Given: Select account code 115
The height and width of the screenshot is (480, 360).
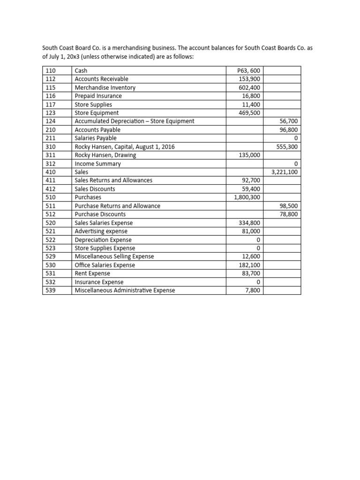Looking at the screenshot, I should tap(50, 88).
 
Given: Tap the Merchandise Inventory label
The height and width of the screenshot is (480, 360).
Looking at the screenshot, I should tap(105, 88).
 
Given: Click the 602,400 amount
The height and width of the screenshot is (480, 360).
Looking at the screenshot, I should tap(250, 88).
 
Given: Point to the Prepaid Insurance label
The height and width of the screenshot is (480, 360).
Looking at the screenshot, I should tap(98, 96).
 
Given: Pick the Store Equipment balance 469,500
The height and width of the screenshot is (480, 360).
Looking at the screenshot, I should tap(250, 113).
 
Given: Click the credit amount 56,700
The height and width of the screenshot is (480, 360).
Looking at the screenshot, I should tap(288, 121).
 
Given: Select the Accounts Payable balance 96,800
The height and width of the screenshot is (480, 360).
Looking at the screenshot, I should tap(288, 130).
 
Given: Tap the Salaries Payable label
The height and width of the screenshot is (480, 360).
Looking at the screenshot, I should tap(96, 138).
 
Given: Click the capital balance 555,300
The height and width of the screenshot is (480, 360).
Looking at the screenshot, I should tap(286, 147).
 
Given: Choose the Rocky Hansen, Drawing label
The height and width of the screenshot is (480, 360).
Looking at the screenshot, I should tap(105, 155).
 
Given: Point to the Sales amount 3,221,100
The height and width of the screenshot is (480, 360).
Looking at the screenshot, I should tap(285, 172).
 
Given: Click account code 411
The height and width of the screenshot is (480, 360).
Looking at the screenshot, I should tap(50, 180).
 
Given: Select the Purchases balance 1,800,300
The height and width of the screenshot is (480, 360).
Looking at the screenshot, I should tap(247, 197).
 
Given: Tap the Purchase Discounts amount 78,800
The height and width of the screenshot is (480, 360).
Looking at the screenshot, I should tap(288, 214).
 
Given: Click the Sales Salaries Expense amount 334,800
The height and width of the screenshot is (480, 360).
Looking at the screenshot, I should tap(250, 223).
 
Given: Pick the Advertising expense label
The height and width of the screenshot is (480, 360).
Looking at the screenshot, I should tap(101, 232).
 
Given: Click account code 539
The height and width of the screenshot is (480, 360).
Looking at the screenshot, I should tap(50, 291).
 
